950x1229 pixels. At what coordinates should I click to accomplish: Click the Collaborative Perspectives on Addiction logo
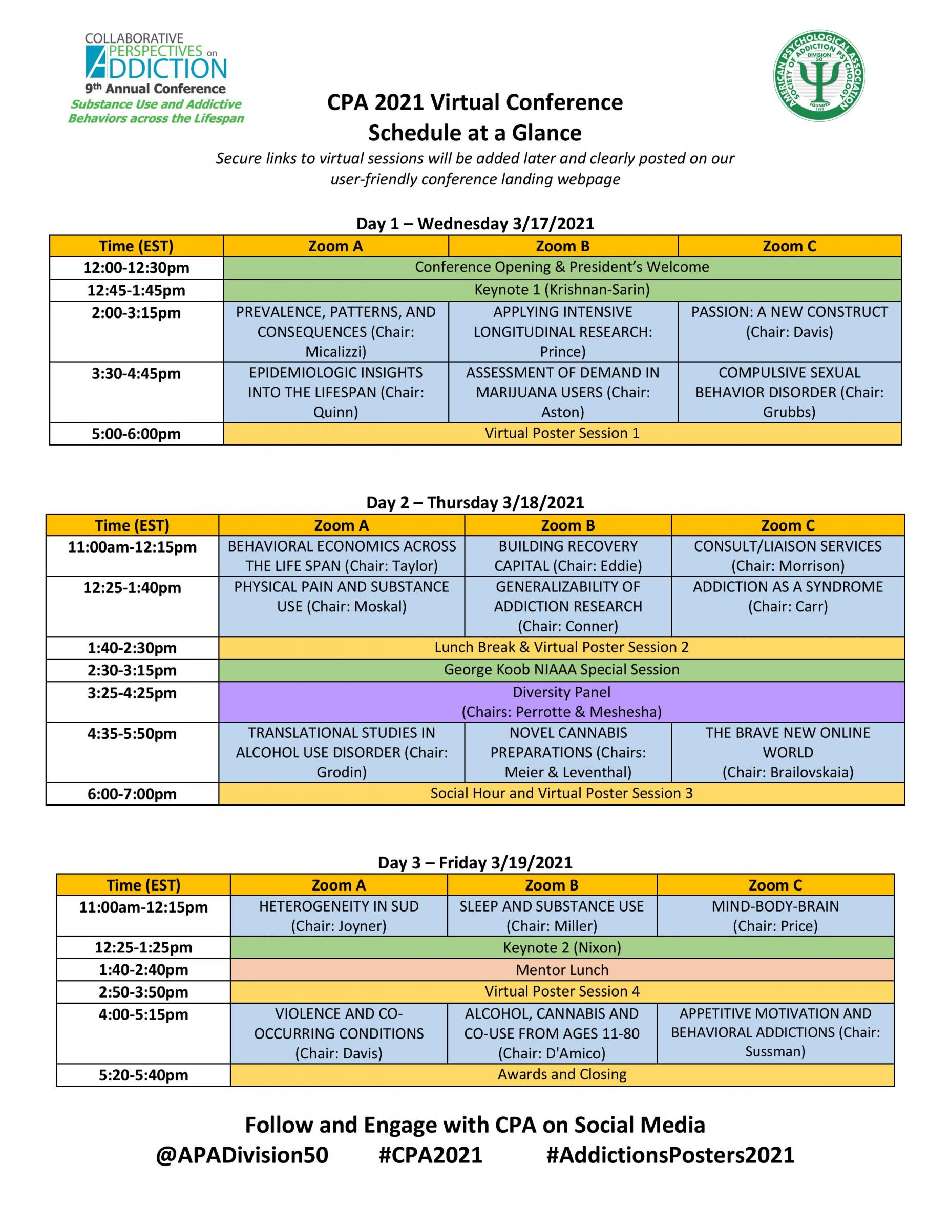coord(156,78)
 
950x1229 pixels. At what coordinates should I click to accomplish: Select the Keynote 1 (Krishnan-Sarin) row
coord(562,290)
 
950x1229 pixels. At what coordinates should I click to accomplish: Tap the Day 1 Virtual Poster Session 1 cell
coord(562,433)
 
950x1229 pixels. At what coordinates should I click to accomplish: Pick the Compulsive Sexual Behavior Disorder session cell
coord(789,392)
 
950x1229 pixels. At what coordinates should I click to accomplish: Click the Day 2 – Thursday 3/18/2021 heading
coord(475,502)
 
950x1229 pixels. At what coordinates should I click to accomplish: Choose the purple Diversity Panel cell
coord(561,702)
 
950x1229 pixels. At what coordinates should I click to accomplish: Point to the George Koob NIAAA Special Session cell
coord(561,670)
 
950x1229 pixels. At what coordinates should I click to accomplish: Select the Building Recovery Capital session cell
coord(567,556)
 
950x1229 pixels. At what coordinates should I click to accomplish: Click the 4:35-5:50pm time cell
coord(132,734)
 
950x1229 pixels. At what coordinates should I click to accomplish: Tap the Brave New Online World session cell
coord(787,752)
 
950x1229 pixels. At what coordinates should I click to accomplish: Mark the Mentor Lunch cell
coord(562,969)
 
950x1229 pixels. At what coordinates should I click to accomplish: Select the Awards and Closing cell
coord(562,1074)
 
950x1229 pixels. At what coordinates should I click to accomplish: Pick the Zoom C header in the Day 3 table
coord(775,885)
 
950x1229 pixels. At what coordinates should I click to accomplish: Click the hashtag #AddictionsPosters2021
coord(670,1155)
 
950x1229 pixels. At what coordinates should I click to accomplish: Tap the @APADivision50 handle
coord(242,1155)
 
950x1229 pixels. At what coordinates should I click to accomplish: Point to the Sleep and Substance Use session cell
coord(552,916)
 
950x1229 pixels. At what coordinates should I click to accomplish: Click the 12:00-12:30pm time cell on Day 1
coord(136,268)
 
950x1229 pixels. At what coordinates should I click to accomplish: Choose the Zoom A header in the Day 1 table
coord(335,246)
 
